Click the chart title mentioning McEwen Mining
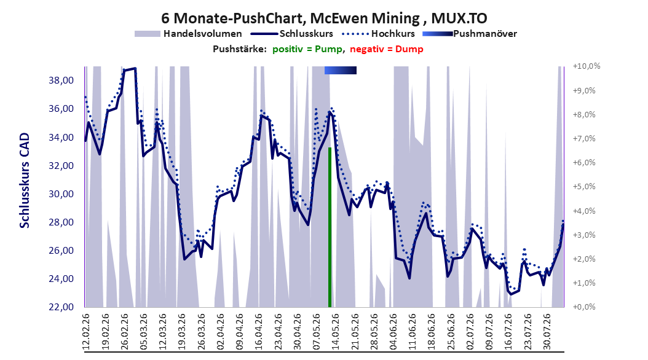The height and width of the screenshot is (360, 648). (x=324, y=18)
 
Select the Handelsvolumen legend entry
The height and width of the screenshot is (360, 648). (x=188, y=34)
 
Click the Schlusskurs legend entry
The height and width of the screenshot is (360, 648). (x=292, y=34)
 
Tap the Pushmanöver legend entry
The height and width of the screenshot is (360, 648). (x=470, y=34)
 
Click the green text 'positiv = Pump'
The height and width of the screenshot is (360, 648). (x=307, y=49)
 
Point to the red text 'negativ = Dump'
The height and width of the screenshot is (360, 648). (x=387, y=49)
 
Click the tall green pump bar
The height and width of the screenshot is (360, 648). (x=330, y=227)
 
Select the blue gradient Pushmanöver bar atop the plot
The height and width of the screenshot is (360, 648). (x=341, y=70)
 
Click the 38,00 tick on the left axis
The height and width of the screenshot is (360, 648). (x=61, y=80)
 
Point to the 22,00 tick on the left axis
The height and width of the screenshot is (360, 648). (x=61, y=307)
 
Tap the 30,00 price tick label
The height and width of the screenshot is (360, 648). (x=61, y=194)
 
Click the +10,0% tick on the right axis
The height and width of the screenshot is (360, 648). (x=587, y=66)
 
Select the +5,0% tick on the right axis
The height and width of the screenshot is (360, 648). (x=584, y=187)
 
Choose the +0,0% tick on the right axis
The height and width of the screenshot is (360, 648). (x=584, y=307)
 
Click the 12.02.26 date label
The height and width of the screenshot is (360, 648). (x=86, y=332)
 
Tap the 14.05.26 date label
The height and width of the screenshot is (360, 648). (x=335, y=332)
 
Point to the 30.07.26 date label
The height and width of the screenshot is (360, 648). (x=547, y=332)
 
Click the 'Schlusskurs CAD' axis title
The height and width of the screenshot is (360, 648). (x=25, y=180)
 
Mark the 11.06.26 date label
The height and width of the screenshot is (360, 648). (x=412, y=332)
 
